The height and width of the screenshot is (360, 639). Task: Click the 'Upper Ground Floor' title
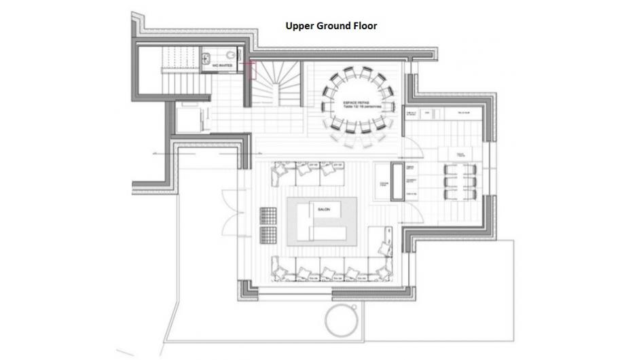click(x=331, y=26)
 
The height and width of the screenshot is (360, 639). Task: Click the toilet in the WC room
click(x=231, y=56)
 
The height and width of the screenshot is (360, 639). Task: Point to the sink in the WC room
click(x=206, y=58)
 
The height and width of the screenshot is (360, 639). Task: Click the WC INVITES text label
click(x=226, y=66)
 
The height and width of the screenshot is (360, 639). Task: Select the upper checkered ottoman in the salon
click(x=269, y=215)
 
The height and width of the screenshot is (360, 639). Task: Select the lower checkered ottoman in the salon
click(x=269, y=235)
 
